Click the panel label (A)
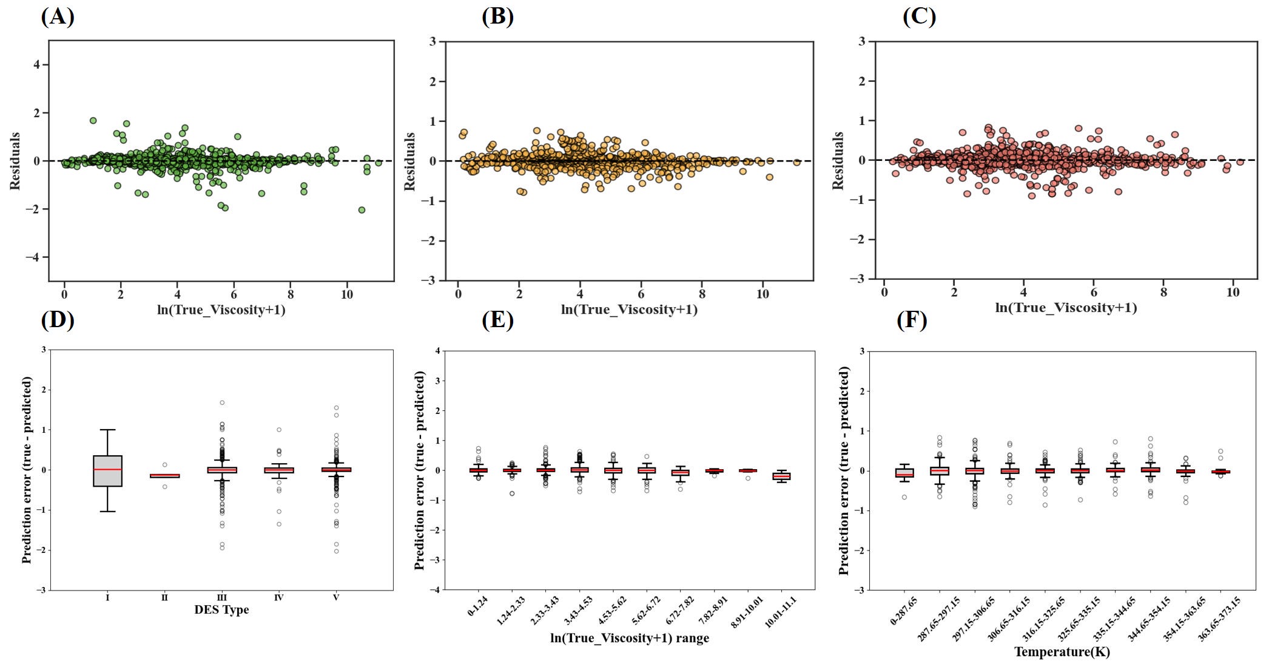coord(58,16)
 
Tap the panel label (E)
coord(497,319)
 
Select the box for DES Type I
coord(107,470)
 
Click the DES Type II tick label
coord(164,597)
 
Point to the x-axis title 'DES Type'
coord(221,610)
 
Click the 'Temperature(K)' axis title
coord(1062,652)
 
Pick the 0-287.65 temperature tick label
coord(904,612)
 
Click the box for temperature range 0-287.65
coord(904,472)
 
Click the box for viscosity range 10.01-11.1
coord(781,476)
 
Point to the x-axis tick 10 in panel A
coord(346,294)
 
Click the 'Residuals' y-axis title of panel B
coord(410,161)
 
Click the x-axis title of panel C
coord(1065,308)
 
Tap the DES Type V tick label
coord(336,597)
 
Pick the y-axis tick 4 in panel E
coord(437,351)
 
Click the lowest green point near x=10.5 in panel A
coord(362,210)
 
